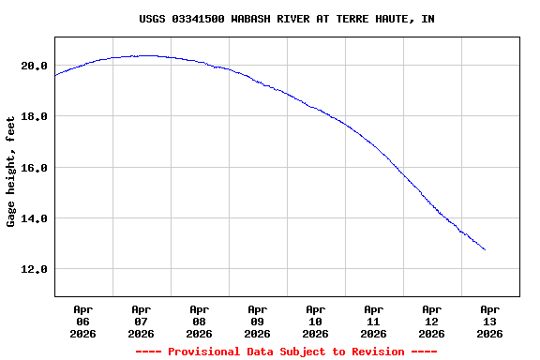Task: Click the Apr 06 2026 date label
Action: (x=82, y=321)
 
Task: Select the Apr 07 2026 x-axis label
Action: (x=141, y=321)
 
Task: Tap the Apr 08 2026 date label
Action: (x=199, y=321)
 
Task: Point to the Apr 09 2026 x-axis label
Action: (x=257, y=321)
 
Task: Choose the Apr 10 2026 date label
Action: (x=315, y=321)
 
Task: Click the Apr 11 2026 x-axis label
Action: (x=373, y=321)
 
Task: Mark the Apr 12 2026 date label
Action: (x=431, y=321)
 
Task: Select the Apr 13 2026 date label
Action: (x=489, y=321)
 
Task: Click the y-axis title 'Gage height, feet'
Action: (x=11, y=172)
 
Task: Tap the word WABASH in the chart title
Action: (x=250, y=19)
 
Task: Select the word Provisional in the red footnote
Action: (x=203, y=352)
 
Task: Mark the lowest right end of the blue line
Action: (x=485, y=249)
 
